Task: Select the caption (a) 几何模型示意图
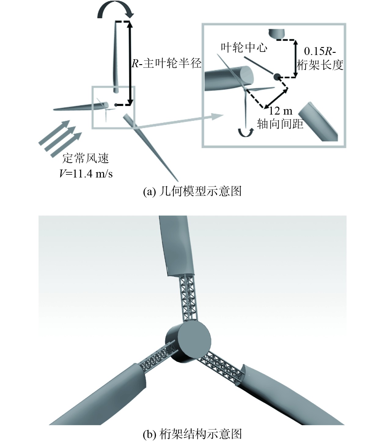pos(192,191)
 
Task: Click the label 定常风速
pos(86,158)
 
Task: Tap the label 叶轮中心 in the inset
pos(244,48)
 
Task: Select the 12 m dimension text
pos(280,111)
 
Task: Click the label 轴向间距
pos(280,124)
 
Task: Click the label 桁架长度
pos(320,65)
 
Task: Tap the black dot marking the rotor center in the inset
pos(277,77)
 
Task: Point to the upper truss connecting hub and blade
pos(189,298)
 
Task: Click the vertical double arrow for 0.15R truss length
pos(295,58)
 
